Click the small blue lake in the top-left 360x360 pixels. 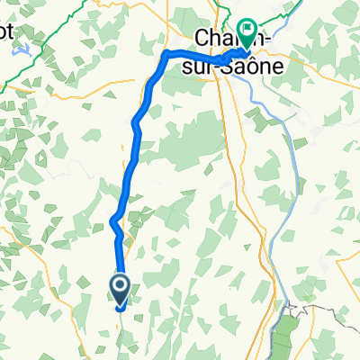(24, 52)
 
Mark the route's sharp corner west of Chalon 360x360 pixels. (166, 55)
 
